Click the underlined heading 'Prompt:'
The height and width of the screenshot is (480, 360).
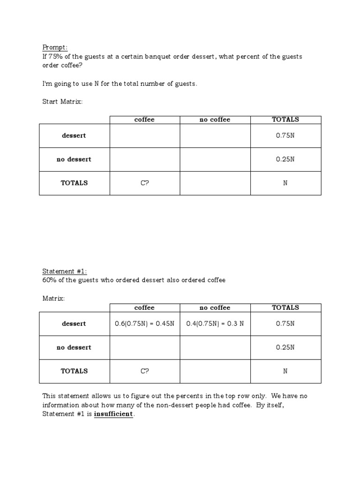[x=55, y=47]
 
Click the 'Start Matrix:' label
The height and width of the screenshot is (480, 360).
[x=62, y=102]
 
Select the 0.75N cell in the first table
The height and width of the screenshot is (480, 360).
[x=285, y=136]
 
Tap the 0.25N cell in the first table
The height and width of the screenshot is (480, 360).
[x=285, y=159]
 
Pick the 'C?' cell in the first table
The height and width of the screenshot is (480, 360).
[x=144, y=183]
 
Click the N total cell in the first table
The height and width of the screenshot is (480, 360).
[x=285, y=183]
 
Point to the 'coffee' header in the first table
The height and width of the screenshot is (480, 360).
[x=144, y=120]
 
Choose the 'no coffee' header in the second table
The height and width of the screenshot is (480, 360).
[x=215, y=308]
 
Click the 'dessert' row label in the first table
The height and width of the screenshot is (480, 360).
[x=74, y=136]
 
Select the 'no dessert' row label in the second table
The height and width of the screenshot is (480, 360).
[x=74, y=348]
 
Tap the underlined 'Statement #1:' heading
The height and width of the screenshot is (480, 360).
[x=65, y=271]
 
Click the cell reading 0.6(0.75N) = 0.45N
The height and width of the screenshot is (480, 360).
[x=144, y=324]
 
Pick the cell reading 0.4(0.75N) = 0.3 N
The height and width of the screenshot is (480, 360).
[x=215, y=324]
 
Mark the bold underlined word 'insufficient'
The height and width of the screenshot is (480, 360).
[x=113, y=414]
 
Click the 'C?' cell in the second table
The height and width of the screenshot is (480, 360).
[x=144, y=371]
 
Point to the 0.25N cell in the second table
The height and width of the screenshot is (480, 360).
[x=285, y=348]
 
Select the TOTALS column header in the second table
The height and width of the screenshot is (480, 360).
[x=285, y=308]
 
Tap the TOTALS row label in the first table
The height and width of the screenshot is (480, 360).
[x=74, y=183]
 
